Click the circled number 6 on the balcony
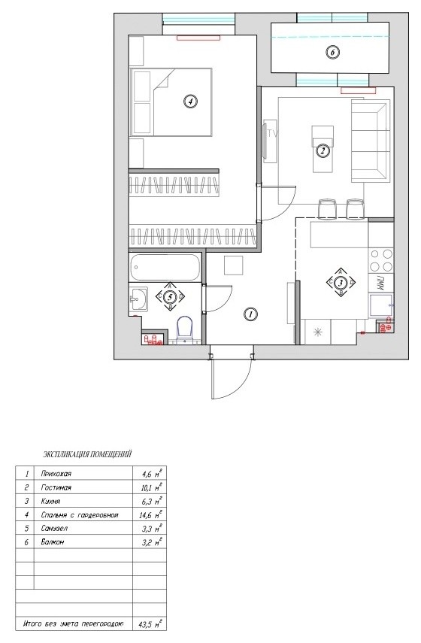pos(333,52)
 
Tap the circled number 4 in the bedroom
pos(189,101)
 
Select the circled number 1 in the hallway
pos(250,314)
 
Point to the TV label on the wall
pos(272,134)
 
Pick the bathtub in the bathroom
pos(165,268)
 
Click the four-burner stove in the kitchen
pos(381,261)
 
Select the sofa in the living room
pos(369,141)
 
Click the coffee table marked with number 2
pos(323,149)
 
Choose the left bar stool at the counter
pos(327,208)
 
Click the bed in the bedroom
pos(171,102)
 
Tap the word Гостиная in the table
pos(56,487)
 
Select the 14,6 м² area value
pos(151,514)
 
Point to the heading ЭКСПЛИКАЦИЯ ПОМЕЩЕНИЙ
pos(87,454)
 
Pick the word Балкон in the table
pos(53,542)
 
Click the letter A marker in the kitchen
pos(341,271)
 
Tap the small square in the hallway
pos(234,265)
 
